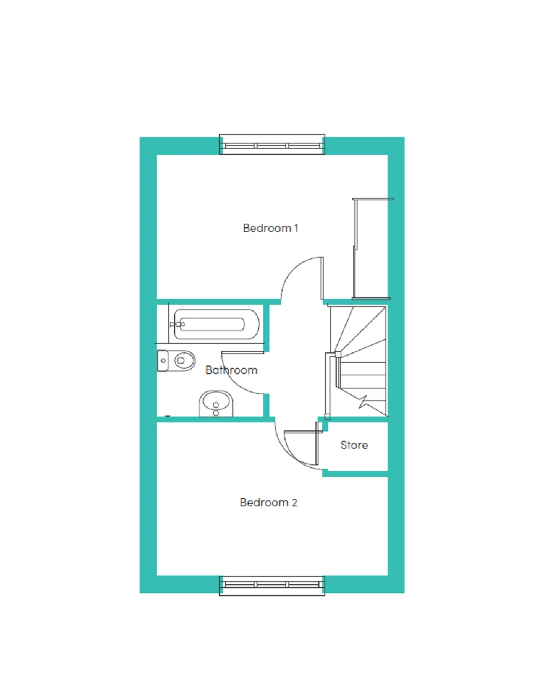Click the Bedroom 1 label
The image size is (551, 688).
[271, 228]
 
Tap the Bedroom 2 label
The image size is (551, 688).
[268, 503]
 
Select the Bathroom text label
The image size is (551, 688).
[232, 370]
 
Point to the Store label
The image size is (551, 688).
[354, 445]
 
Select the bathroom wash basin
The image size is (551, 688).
[215, 403]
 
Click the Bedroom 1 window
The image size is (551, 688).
[272, 145]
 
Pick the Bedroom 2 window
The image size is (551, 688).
[272, 586]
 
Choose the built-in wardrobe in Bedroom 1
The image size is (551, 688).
[371, 249]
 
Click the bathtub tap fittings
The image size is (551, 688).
[178, 324]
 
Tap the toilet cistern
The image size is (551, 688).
[162, 361]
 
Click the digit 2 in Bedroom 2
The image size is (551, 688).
[294, 503]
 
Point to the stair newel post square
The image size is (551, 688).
[338, 353]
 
